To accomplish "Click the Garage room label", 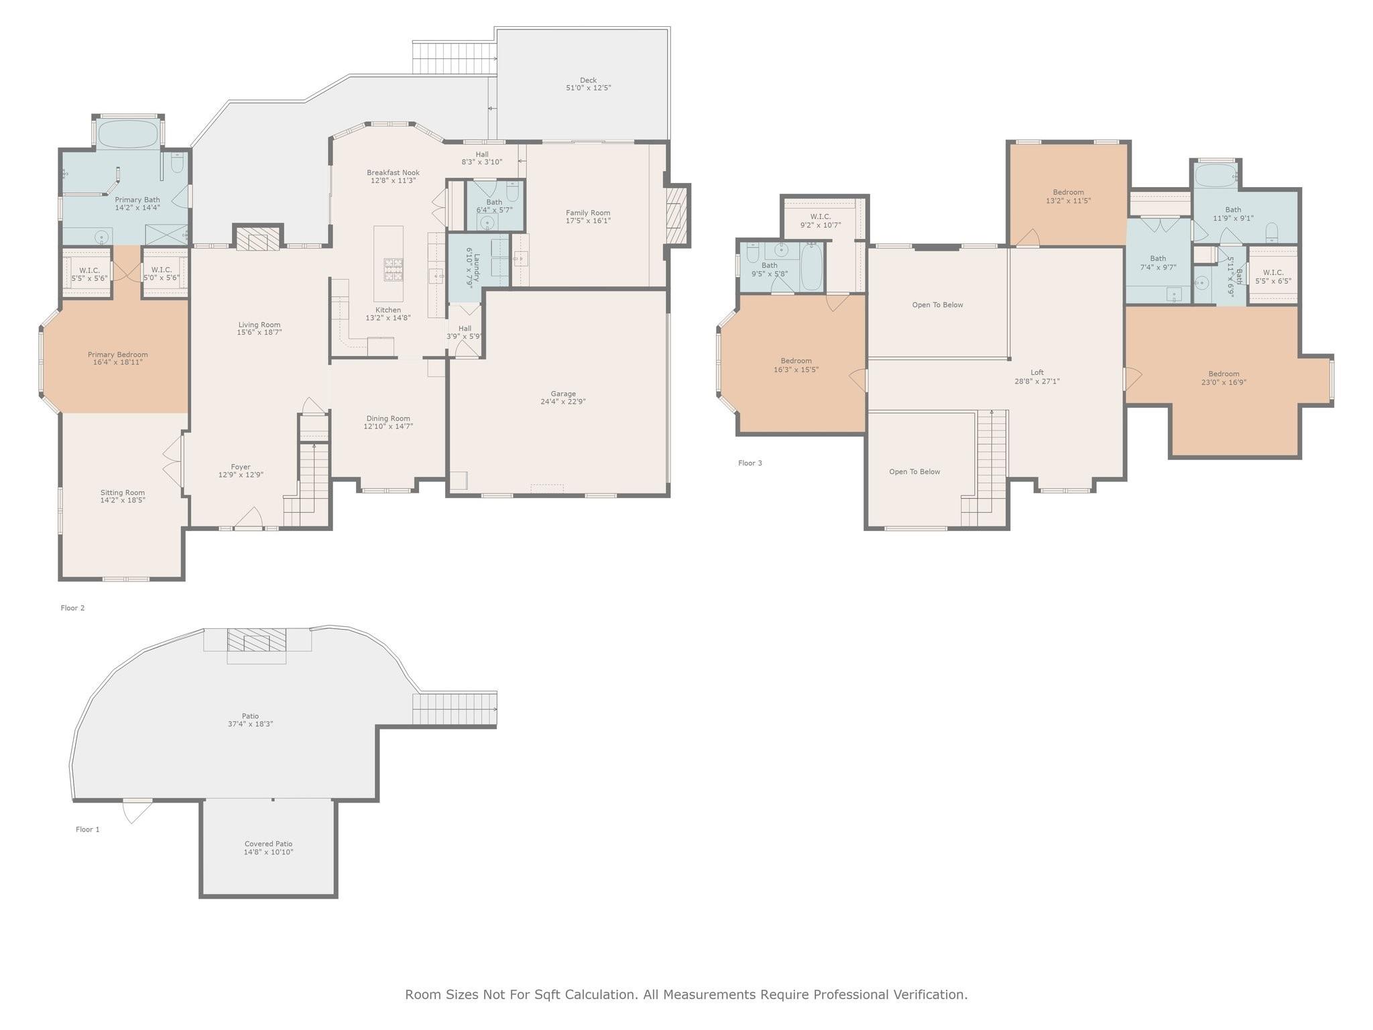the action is (563, 394).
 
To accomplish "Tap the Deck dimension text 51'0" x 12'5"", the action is (588, 88).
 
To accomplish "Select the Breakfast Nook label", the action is (393, 172).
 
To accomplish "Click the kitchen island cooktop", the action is (394, 269).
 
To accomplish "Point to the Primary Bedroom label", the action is (118, 355).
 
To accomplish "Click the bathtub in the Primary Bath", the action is (128, 134).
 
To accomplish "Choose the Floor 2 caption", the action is (73, 608).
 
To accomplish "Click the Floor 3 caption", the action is (750, 463).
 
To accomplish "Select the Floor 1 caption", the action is (88, 829).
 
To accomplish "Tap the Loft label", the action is (1037, 373).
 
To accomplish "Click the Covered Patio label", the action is (268, 844).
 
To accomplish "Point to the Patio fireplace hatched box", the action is (257, 640).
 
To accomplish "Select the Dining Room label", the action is (388, 418).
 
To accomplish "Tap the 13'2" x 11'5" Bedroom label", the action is (1068, 192).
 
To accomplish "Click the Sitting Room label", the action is (123, 493).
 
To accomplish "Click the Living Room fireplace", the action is (258, 239).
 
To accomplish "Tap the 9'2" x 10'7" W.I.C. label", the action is (820, 217).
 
